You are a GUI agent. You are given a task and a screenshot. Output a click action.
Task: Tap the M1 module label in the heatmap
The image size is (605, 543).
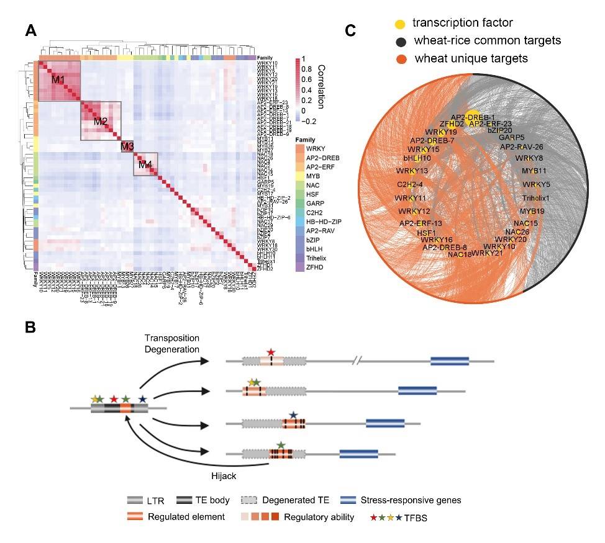58,79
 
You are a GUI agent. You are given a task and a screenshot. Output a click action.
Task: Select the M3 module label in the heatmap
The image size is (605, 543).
127,146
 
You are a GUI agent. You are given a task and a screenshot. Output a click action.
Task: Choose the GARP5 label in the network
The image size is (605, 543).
512,137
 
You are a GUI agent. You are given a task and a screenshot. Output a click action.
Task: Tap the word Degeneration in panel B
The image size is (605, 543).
171,348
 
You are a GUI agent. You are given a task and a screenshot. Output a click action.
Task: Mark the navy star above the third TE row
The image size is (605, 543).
293,415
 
